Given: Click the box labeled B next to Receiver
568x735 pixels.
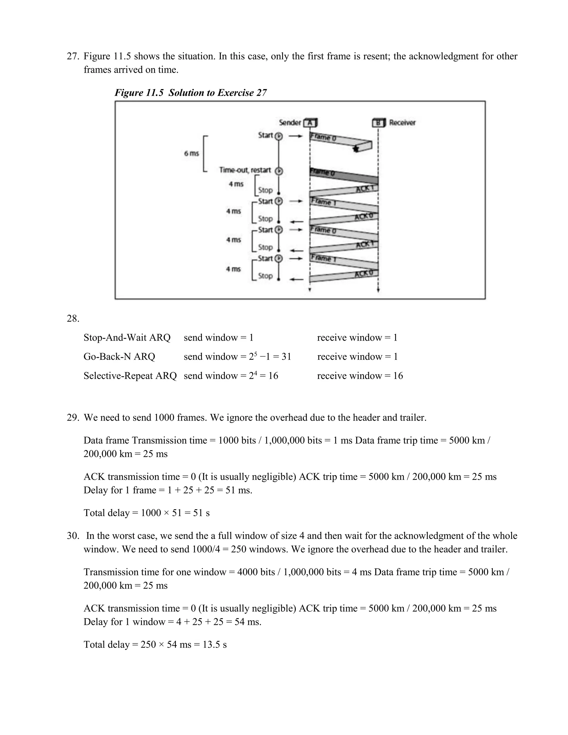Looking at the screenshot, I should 379,123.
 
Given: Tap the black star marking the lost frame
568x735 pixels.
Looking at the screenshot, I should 355,149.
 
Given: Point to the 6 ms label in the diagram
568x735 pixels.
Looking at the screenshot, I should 191,153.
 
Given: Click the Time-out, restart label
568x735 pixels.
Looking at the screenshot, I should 245,170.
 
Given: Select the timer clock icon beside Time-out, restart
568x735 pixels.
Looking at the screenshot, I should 279,171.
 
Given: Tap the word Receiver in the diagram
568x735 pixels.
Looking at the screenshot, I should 402,123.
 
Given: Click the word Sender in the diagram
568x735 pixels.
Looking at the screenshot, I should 290,123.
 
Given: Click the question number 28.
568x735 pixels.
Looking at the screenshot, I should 73,318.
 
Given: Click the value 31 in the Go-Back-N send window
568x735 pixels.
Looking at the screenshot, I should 286,356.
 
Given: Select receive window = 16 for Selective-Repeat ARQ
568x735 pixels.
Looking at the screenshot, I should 360,376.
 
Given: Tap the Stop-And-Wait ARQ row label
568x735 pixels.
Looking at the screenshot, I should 127,337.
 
